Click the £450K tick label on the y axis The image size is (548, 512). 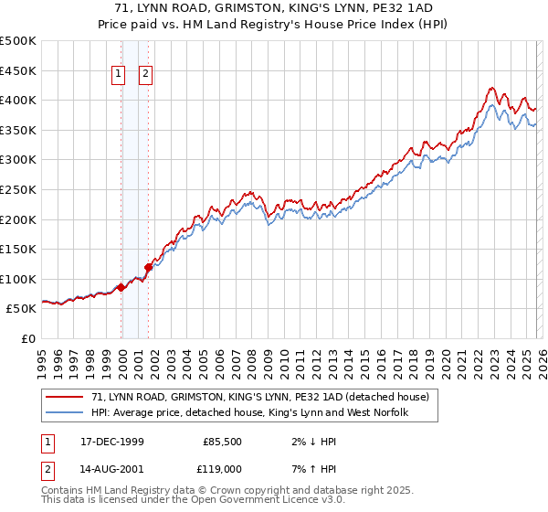coord(18,70)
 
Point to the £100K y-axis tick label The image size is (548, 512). coord(18,279)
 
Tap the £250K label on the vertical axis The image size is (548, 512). coord(18,189)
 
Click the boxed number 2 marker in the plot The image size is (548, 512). coord(146,76)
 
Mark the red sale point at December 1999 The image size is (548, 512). coord(121,287)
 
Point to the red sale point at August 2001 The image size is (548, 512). coord(148,267)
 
